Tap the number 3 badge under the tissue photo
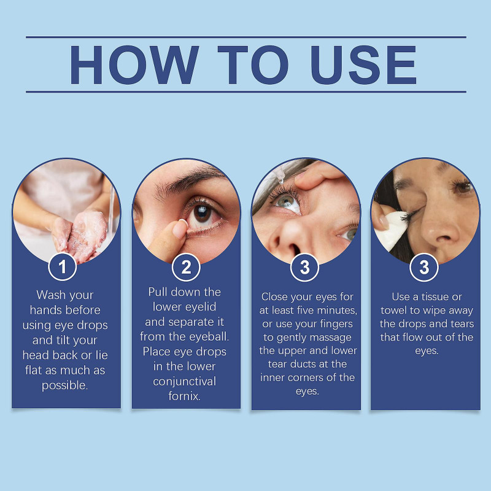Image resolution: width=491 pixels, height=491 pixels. pos(424,267)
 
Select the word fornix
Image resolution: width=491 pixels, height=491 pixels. pos(185,396)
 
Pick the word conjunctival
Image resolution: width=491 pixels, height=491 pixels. pos(185,382)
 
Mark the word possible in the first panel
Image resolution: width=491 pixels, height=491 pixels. pos(66,385)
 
